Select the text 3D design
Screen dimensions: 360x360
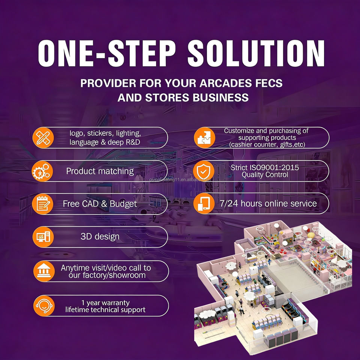(100, 237)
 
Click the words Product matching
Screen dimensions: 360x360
(100, 171)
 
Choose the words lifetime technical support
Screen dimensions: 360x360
(105, 310)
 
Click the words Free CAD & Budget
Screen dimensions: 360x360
(100, 204)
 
